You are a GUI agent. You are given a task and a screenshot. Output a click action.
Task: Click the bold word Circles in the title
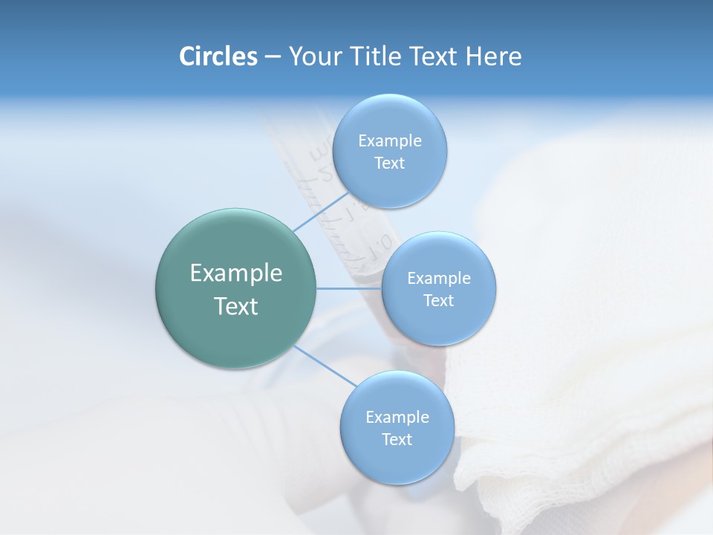218,56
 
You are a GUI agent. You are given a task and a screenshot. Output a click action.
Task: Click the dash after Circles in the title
273,57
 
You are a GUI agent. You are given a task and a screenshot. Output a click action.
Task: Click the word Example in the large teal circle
236,273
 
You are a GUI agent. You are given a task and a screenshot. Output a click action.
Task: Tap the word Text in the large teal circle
236,306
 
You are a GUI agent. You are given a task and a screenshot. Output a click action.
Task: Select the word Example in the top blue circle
390,141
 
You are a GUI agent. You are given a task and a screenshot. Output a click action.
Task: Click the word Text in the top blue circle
390,163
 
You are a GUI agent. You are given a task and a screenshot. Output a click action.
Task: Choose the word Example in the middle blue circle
439,279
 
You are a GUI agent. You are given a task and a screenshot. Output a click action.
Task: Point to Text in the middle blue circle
439,301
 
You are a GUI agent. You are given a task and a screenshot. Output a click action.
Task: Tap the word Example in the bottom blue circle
397,418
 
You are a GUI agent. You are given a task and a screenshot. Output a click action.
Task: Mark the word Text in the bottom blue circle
397,440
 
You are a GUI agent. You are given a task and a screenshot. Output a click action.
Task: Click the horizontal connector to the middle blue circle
349,288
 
